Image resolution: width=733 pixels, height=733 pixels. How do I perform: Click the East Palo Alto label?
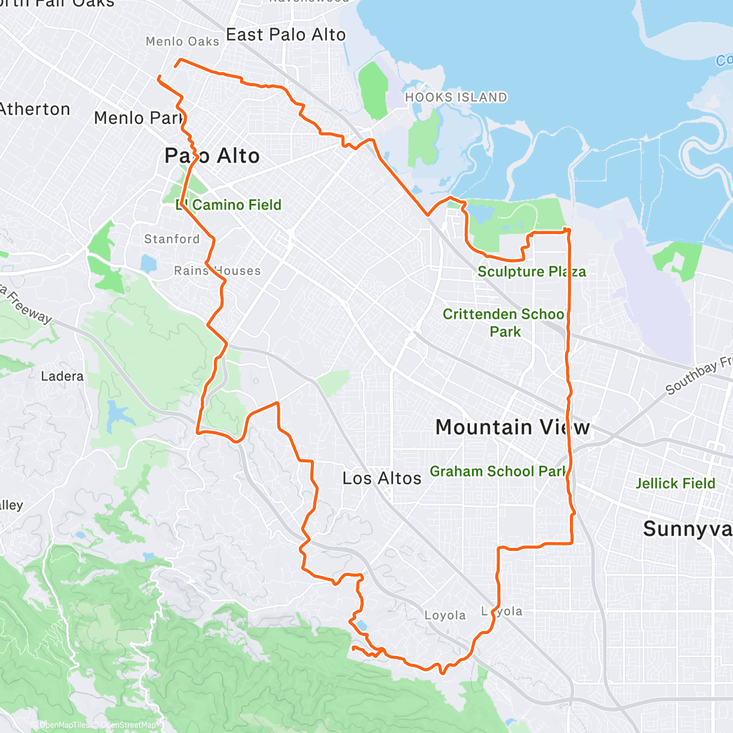[286, 35]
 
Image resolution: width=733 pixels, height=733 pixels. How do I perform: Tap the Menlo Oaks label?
[182, 42]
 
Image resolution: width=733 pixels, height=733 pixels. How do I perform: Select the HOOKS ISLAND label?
[456, 97]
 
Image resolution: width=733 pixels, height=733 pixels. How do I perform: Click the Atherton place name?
[35, 109]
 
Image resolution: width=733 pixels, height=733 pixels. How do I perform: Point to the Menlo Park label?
[139, 118]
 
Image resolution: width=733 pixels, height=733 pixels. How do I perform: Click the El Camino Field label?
[229, 205]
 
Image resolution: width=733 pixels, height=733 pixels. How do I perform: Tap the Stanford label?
[172, 239]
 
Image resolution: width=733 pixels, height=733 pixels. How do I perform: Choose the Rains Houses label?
[217, 271]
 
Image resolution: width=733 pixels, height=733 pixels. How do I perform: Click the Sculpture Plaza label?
[531, 272]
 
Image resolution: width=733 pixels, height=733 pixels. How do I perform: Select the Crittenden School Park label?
[505, 323]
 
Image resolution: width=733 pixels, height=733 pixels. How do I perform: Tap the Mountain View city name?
[512, 427]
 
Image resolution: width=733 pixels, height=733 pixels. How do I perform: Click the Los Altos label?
[382, 478]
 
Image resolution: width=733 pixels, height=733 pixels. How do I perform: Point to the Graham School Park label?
[498, 472]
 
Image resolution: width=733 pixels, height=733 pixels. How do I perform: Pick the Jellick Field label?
[675, 484]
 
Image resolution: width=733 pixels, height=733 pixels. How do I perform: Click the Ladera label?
[62, 376]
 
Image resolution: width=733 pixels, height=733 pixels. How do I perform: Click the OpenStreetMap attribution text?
[128, 725]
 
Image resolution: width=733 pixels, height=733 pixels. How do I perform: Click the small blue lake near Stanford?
[148, 263]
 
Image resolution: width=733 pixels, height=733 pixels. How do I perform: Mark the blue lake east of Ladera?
[118, 415]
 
